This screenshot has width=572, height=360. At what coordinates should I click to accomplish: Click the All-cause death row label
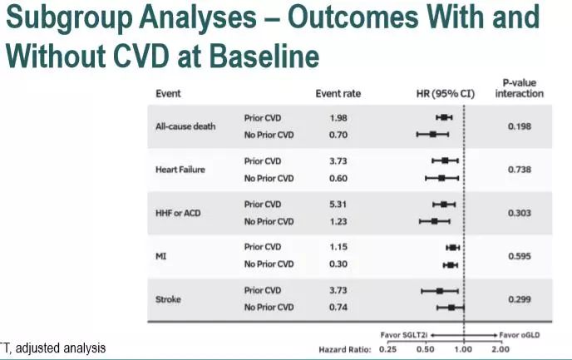click(185, 126)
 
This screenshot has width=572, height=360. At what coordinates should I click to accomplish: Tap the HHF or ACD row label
click(178, 213)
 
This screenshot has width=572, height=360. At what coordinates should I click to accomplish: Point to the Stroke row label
click(168, 299)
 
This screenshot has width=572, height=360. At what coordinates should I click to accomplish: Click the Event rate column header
click(338, 94)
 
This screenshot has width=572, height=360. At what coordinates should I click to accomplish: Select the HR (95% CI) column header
click(446, 94)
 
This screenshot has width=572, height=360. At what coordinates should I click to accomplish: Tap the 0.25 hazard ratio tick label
click(387, 349)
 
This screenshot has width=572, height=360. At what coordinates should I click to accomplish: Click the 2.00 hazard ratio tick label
click(500, 349)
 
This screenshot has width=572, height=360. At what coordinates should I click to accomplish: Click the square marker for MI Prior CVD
click(453, 248)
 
